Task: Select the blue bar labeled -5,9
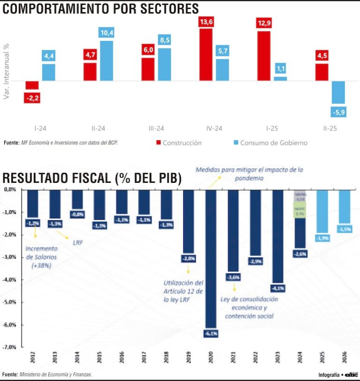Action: pyautogui.click(x=338, y=92)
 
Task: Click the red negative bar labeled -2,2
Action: pyautogui.click(x=32, y=85)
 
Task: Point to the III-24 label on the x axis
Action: pyautogui.click(x=156, y=128)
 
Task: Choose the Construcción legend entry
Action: pyautogui.click(x=178, y=142)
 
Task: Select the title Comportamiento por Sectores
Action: pyautogui.click(x=101, y=8)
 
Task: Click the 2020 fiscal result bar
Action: pyautogui.click(x=210, y=258)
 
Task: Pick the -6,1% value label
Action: pyautogui.click(x=210, y=333)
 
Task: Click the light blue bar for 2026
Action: pyautogui.click(x=345, y=207)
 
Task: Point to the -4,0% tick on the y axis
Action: pyautogui.click(x=10, y=280)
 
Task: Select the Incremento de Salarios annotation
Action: pyautogui.click(x=41, y=257)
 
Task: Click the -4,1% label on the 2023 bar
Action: pyautogui.click(x=278, y=288)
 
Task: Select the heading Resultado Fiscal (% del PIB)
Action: pyautogui.click(x=92, y=179)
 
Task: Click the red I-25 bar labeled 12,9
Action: pyautogui.click(x=264, y=55)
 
